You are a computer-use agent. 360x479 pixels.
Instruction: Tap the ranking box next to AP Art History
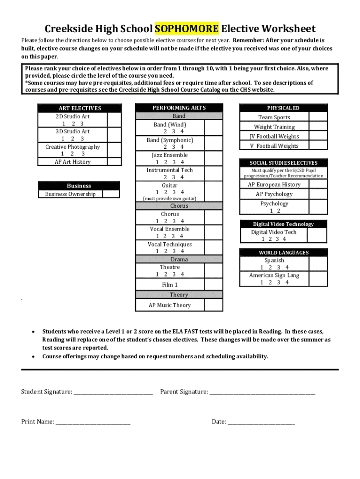(x=115, y=162)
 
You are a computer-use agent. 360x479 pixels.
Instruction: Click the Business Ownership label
(x=70, y=194)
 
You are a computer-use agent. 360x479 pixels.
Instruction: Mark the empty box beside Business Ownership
(x=111, y=194)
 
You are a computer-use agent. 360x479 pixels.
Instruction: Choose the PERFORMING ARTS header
(x=179, y=108)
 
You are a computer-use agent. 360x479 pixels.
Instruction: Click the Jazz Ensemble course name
(x=169, y=155)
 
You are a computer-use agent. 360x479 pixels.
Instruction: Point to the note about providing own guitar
(x=169, y=199)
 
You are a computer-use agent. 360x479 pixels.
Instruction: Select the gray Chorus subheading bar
(x=179, y=206)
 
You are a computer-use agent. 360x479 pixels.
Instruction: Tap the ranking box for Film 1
(x=213, y=284)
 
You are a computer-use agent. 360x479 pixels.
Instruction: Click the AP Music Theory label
(x=170, y=305)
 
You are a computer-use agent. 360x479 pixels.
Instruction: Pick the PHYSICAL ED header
(x=283, y=108)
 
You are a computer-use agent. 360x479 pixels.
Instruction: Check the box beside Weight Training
(x=318, y=127)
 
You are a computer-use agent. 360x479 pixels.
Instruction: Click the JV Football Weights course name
(x=274, y=137)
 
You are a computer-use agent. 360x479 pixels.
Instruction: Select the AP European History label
(x=274, y=185)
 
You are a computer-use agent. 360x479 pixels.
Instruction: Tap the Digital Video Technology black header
(x=283, y=224)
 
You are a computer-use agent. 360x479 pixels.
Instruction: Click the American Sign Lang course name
(x=274, y=276)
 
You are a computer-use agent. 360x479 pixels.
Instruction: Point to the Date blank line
(x=261, y=423)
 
